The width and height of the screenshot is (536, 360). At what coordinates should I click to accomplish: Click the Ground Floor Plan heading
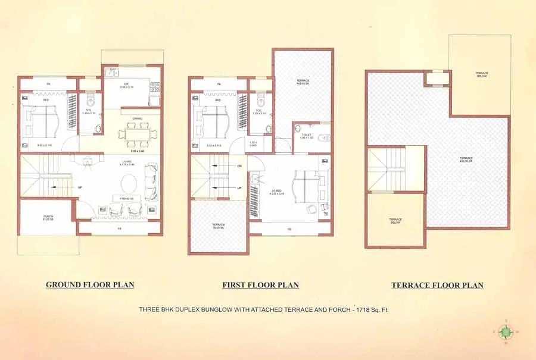tap(90, 285)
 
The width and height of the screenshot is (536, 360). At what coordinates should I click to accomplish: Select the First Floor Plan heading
tap(260, 285)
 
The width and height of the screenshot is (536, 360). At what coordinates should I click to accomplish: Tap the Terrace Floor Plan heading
tap(437, 285)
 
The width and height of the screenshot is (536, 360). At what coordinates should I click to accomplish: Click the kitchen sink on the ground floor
tap(111, 73)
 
